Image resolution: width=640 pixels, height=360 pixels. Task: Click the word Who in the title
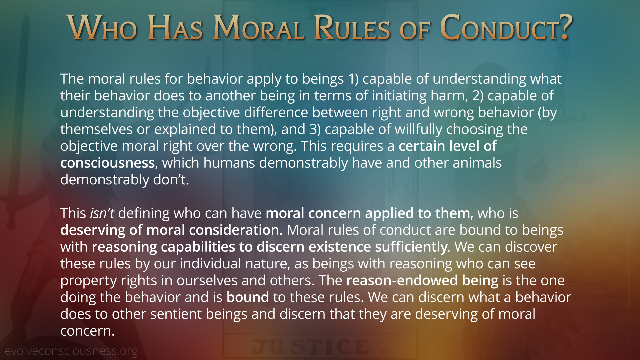click(x=102, y=28)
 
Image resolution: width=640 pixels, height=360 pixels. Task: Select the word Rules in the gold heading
click(x=352, y=28)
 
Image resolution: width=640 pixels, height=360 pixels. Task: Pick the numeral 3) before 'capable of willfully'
click(x=315, y=129)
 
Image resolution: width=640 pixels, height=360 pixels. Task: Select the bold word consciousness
click(x=108, y=163)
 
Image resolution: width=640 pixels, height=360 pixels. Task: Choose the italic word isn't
click(x=102, y=213)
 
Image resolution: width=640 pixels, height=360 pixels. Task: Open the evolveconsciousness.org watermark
click(x=71, y=351)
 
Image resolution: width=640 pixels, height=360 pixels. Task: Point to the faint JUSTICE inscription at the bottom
click(x=311, y=347)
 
